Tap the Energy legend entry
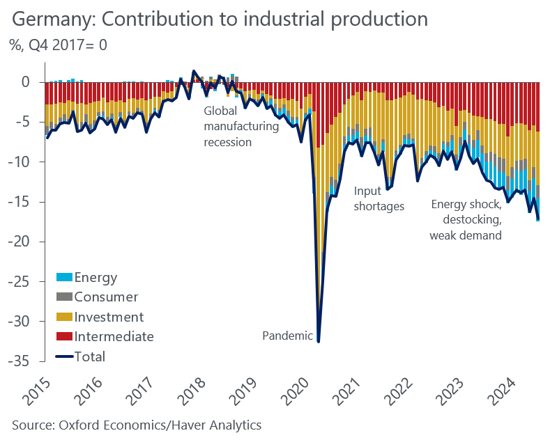click(96, 278)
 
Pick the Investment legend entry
click(108, 317)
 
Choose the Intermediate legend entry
click(114, 337)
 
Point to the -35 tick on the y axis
click(22, 362)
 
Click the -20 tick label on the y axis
click(22, 242)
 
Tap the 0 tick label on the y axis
click(26, 82)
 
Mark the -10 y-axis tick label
click(22, 162)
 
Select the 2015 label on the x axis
click(40, 394)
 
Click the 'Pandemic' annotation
click(287, 336)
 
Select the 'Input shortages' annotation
click(379, 198)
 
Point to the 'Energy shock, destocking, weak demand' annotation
click(466, 219)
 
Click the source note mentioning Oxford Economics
click(137, 424)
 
